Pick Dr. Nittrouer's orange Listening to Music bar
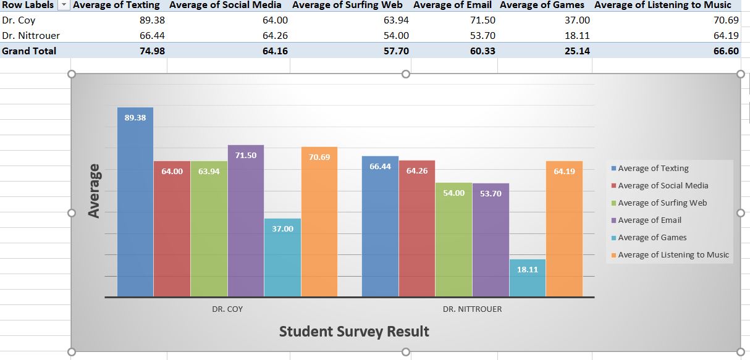click(x=564, y=235)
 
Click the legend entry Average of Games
click(x=652, y=238)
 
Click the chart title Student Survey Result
click(x=354, y=332)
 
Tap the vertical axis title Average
click(x=94, y=190)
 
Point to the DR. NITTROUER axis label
click(x=472, y=309)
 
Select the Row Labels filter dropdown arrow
click(x=64, y=5)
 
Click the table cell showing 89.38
click(x=152, y=20)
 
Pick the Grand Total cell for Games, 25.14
click(x=577, y=51)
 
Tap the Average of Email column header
click(x=452, y=5)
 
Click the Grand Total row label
click(x=29, y=51)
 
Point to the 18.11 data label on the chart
click(x=527, y=270)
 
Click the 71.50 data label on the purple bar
click(x=246, y=156)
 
